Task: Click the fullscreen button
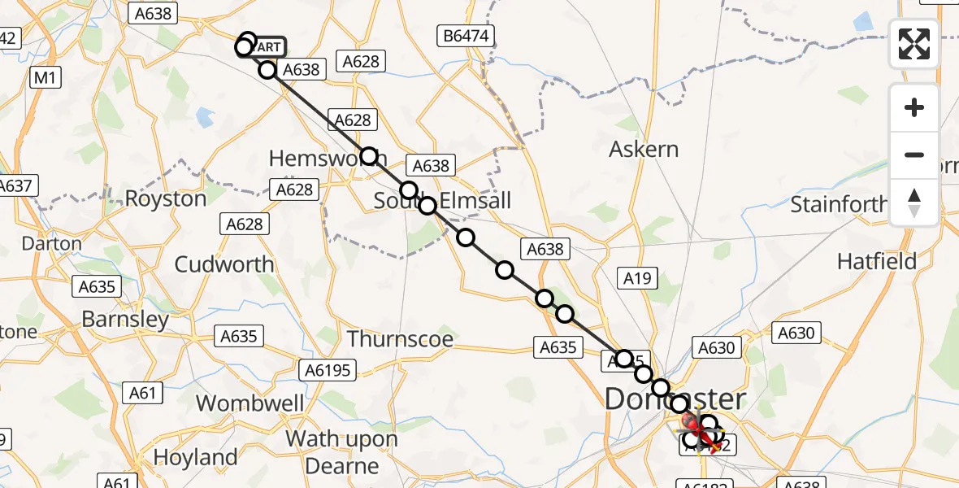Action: coord(914,44)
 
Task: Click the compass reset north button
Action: coord(914,203)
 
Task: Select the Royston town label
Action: coord(166,198)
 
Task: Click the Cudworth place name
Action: coord(224,264)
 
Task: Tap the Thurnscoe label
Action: coord(400,338)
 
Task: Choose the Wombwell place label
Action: coord(250,403)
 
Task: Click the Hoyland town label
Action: coord(195,457)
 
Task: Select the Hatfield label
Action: coord(877,261)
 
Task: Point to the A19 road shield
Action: coord(637,279)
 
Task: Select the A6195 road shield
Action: coord(328,371)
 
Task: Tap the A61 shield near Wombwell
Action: coord(142,394)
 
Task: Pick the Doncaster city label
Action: coord(675,399)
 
